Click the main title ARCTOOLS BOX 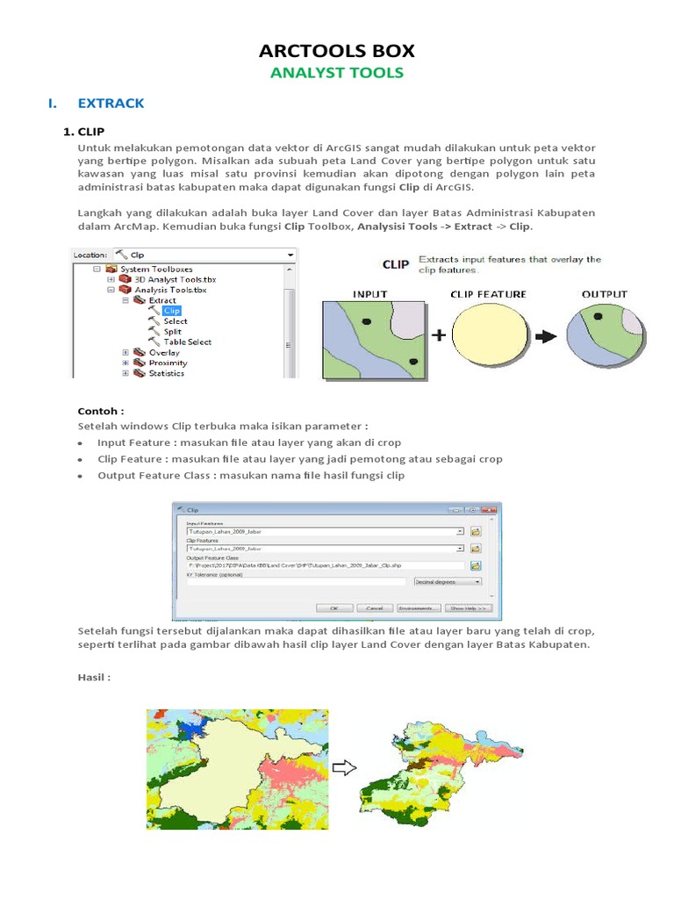(x=337, y=50)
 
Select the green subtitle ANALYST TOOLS (x=337, y=73)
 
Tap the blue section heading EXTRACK (x=111, y=104)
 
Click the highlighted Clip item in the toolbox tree (x=172, y=310)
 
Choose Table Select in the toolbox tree (x=187, y=342)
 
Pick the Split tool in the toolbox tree (x=172, y=331)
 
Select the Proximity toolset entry (x=168, y=363)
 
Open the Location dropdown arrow (x=290, y=255)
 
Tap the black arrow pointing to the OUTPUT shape (x=546, y=335)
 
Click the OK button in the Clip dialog (x=333, y=608)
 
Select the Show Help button (x=470, y=608)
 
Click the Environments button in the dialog (x=418, y=608)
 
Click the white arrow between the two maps (x=347, y=768)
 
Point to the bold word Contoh (x=100, y=410)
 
